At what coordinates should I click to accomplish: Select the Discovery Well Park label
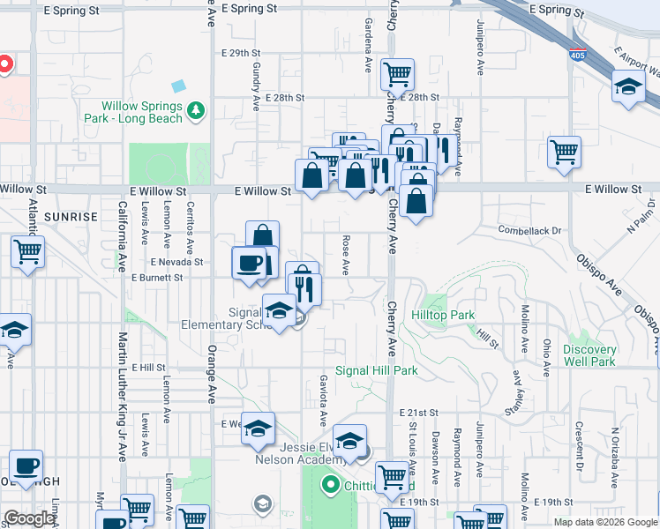[589, 355]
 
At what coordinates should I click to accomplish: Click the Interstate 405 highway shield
[577, 54]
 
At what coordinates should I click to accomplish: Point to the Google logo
[29, 518]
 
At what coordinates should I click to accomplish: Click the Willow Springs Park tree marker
[195, 110]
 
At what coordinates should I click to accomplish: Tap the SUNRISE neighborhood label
[71, 216]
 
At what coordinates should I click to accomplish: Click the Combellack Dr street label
[529, 231]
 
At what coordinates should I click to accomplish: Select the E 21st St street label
[419, 413]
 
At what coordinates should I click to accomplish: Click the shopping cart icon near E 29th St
[398, 73]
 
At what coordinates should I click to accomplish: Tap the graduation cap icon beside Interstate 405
[628, 86]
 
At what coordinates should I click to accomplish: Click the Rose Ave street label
[346, 253]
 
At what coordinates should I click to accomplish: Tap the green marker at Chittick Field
[331, 484]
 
